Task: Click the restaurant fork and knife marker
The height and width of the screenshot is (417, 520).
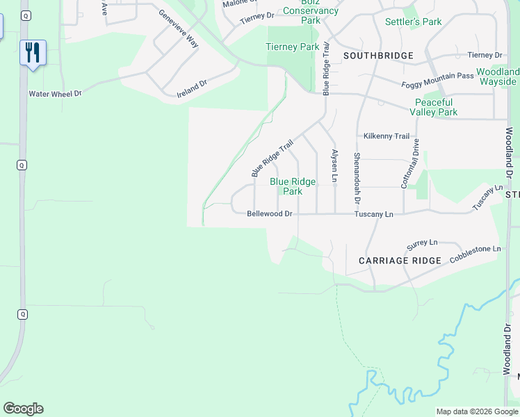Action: tap(33, 52)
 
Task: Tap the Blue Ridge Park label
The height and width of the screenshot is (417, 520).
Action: tap(293, 186)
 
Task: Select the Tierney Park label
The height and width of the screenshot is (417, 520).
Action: tap(292, 47)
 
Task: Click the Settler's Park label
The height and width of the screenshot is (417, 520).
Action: tap(413, 22)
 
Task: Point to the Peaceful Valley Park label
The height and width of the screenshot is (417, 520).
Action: tap(433, 107)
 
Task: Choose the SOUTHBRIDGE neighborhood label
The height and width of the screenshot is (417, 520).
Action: tap(377, 55)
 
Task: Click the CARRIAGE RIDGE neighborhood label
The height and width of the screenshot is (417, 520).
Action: tap(400, 261)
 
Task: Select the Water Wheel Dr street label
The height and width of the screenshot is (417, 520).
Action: tap(55, 93)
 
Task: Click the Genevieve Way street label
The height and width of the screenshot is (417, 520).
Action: tap(179, 28)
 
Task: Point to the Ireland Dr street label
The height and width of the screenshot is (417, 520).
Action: tap(192, 88)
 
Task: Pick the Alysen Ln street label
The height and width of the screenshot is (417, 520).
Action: tap(334, 166)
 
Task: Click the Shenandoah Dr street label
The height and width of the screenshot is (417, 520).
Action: tap(357, 177)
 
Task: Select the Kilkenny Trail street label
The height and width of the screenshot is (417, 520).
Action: tap(387, 136)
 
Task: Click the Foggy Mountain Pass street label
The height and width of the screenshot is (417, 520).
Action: tap(438, 80)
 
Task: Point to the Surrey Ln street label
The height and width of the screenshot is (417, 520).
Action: tap(422, 244)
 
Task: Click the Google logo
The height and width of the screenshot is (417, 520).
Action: tap(23, 409)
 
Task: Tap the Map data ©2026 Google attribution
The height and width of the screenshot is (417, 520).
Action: tap(477, 411)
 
